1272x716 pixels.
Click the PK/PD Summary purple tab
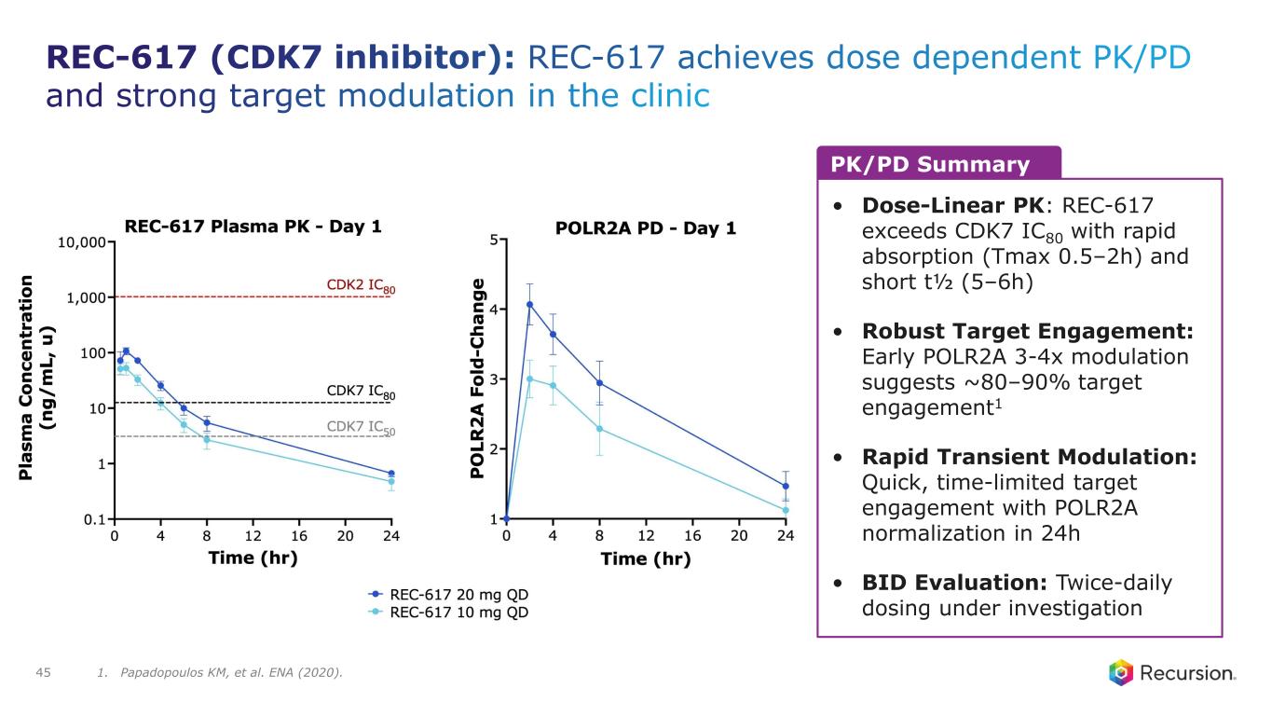pyautogui.click(x=937, y=165)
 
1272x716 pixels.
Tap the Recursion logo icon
pyautogui.click(x=1120, y=672)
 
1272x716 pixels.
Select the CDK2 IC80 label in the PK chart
pyautogui.click(x=361, y=285)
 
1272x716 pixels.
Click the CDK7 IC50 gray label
pyautogui.click(x=361, y=427)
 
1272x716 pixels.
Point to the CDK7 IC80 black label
pyautogui.click(x=361, y=392)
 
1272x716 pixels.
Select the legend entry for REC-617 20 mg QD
pyautogui.click(x=450, y=594)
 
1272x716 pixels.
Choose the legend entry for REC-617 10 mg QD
pyautogui.click(x=450, y=613)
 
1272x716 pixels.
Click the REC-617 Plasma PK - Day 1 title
pyautogui.click(x=253, y=226)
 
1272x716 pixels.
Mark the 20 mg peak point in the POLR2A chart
pyautogui.click(x=529, y=304)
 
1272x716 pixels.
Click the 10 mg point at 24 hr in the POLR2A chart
pyautogui.click(x=786, y=510)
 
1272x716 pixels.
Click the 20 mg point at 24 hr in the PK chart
pyautogui.click(x=391, y=474)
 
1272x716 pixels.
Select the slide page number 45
pyautogui.click(x=43, y=671)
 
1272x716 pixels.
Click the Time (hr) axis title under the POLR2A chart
pyautogui.click(x=646, y=559)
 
